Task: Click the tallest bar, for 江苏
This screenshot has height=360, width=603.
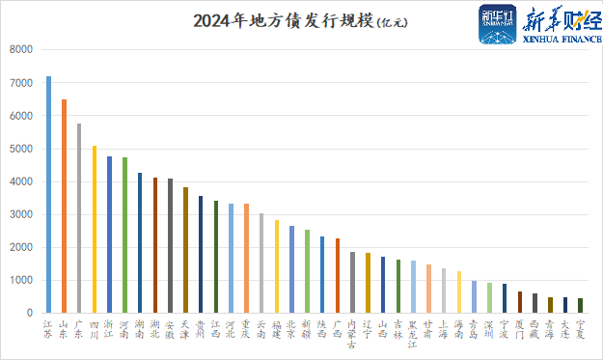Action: click(49, 194)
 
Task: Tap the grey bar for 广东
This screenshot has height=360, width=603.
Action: click(79, 218)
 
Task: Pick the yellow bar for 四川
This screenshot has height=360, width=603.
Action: click(95, 229)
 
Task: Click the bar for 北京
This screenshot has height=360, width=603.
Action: click(291, 269)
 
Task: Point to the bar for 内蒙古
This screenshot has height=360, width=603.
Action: click(352, 282)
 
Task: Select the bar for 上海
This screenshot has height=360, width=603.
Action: click(444, 291)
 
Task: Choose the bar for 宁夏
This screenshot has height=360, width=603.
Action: click(580, 305)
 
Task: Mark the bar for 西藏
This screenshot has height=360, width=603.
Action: click(534, 303)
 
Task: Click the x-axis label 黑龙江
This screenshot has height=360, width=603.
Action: click(413, 334)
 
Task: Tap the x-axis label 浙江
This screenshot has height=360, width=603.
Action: click(110, 329)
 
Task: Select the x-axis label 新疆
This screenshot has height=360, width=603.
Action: click(307, 329)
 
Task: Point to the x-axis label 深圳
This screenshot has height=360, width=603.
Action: click(489, 329)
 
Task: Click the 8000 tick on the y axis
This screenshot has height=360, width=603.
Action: click(21, 50)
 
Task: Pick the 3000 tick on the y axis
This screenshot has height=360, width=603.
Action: click(21, 214)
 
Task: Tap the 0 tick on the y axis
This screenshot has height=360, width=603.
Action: click(30, 313)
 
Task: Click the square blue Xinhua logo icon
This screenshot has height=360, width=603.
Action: click(499, 23)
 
